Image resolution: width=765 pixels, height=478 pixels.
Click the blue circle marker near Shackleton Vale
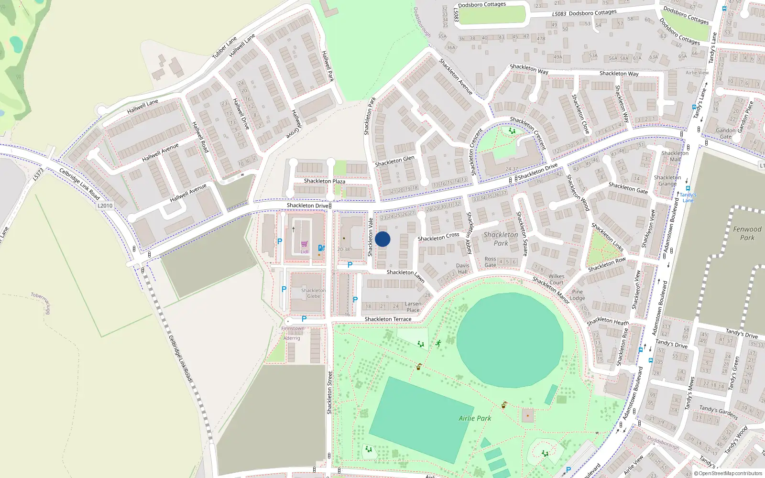[382, 239]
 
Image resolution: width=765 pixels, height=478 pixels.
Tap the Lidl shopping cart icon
[304, 244]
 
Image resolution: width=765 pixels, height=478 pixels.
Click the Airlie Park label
[475, 418]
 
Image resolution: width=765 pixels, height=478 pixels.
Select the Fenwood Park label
[747, 233]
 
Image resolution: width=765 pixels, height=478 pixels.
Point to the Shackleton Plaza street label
[325, 181]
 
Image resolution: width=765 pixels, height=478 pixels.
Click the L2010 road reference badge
[105, 206]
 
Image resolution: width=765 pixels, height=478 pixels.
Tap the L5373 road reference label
[38, 174]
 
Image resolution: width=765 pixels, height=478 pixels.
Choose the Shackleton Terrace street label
[388, 319]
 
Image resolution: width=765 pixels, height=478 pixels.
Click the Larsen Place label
[413, 306]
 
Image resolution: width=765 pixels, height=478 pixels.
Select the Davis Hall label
[462, 269]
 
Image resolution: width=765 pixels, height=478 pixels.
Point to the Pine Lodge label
[577, 295]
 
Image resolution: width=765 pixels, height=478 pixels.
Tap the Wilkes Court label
[556, 279]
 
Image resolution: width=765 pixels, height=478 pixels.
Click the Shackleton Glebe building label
[313, 293]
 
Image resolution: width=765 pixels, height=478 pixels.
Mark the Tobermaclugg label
[41, 303]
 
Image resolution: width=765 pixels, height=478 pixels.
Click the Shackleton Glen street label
[394, 161]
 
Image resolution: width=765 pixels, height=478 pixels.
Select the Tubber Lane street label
[224, 48]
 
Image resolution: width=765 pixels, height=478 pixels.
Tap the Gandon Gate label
[726, 133]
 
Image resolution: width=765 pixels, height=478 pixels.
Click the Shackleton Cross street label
[438, 237]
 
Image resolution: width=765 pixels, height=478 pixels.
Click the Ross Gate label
[490, 262]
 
